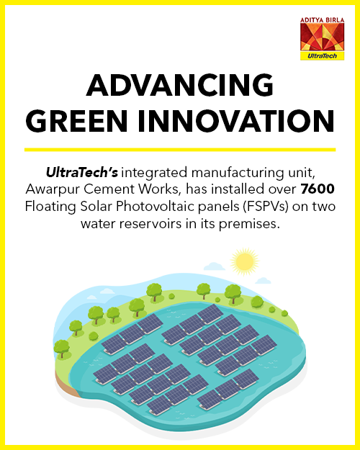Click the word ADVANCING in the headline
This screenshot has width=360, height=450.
click(180, 85)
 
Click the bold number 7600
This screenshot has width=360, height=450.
click(318, 189)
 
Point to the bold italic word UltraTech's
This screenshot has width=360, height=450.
click(82, 172)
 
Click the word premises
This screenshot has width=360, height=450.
click(249, 224)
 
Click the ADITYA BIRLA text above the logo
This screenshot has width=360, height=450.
click(322, 20)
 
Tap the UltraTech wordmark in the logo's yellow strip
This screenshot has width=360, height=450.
click(322, 56)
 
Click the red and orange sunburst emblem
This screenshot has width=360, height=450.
click(322, 37)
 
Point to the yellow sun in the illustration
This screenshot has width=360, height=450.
click(244, 262)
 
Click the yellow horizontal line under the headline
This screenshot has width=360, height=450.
click(180, 150)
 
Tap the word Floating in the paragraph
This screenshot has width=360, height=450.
click(50, 207)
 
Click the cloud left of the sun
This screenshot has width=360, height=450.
click(214, 266)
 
